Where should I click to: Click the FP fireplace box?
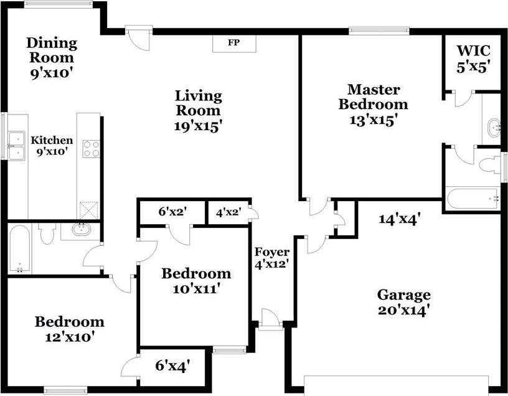point(234,43)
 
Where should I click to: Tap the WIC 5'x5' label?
point(473,59)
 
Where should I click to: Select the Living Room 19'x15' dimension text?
point(198,126)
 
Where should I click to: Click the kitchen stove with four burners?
point(91,149)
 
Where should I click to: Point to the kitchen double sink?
point(17,146)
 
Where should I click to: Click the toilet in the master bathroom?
point(489,164)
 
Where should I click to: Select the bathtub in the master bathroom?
point(473,199)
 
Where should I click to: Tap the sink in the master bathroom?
point(494,128)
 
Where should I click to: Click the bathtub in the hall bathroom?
point(19,249)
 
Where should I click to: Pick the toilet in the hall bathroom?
point(47,233)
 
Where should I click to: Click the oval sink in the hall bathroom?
point(82,229)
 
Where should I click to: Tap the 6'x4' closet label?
point(172,366)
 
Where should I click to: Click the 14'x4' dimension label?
point(400,219)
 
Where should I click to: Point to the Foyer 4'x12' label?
point(271,258)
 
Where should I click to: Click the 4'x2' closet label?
point(228,212)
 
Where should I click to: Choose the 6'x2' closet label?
point(172,212)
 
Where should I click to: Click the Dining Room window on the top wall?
point(59,4)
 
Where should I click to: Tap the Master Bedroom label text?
point(374,97)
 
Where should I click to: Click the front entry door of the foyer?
point(271,319)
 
